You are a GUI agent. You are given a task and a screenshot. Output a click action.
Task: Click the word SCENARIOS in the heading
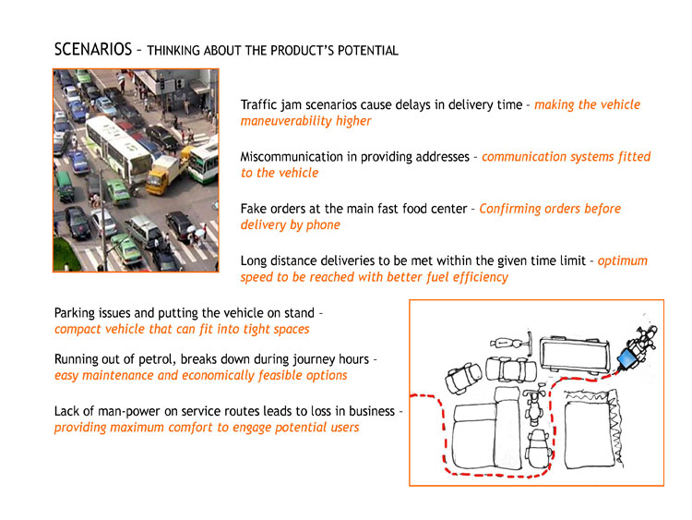click(x=93, y=49)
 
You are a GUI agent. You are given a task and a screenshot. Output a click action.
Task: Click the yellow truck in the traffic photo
click(x=165, y=173)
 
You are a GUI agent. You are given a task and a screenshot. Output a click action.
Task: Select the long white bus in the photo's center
click(x=118, y=148)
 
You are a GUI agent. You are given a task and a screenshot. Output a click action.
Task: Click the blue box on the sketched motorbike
click(x=626, y=358)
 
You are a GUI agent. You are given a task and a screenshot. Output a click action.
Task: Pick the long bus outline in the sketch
click(x=574, y=354)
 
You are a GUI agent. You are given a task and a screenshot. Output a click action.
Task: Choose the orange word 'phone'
click(x=324, y=225)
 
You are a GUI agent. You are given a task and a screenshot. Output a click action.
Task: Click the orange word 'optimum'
click(x=622, y=261)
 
